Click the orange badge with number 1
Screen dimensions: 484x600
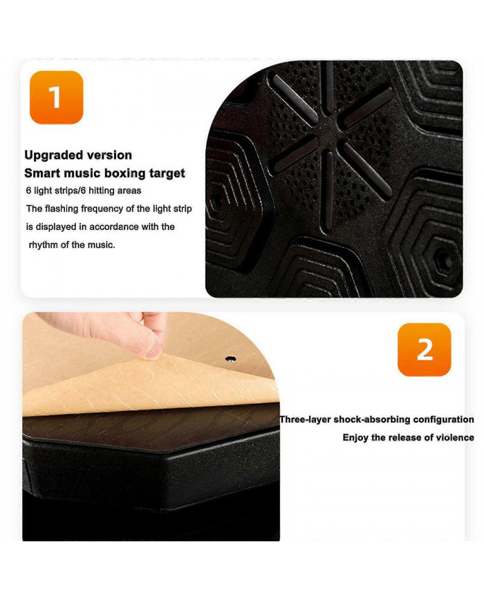click(x=56, y=97)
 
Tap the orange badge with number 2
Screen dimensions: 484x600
click(x=425, y=349)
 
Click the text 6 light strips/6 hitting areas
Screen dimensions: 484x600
click(x=84, y=191)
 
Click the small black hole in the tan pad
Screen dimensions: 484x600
click(x=230, y=359)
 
